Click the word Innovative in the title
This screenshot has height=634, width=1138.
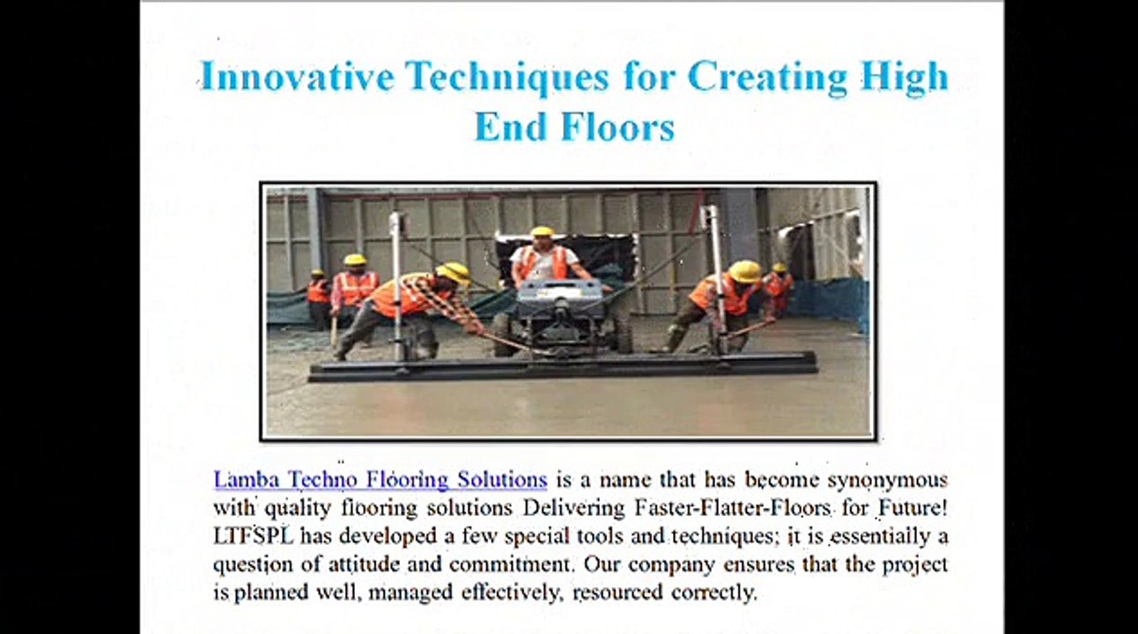[x=297, y=77]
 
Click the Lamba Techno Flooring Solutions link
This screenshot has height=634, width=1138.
[x=380, y=479]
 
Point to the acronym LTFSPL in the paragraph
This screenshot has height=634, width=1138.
[x=254, y=535]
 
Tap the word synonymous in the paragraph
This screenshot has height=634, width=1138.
[x=888, y=481]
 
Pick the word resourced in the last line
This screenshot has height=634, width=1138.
[x=617, y=593]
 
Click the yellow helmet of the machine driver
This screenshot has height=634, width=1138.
[x=542, y=232]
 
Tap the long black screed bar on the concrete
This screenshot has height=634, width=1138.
[x=563, y=366]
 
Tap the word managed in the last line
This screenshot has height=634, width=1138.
[x=410, y=593]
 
